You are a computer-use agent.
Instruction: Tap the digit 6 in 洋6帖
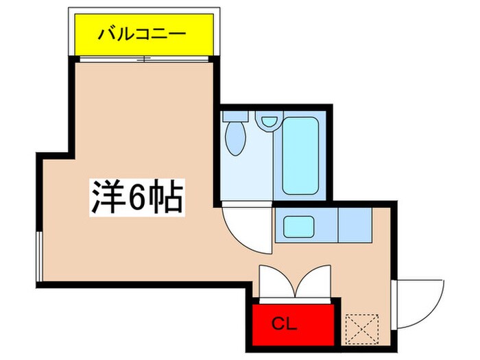(136, 197)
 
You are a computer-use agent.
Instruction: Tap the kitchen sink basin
(300, 226)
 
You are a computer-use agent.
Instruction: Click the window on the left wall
(40, 255)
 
